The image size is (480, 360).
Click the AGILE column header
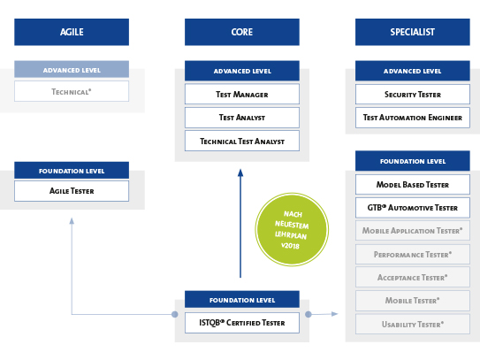click(72, 32)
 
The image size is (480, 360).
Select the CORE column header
click(241, 32)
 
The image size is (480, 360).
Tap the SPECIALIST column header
click(412, 32)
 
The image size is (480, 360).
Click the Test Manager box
click(241, 94)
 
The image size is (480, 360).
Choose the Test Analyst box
click(241, 117)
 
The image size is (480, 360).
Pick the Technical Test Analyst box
click(241, 141)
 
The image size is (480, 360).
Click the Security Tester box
click(412, 94)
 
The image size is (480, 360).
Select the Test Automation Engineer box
click(412, 117)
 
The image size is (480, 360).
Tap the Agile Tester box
click(72, 190)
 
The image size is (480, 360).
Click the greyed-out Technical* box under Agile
click(72, 91)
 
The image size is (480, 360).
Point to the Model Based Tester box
click(412, 185)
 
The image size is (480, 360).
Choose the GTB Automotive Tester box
click(412, 208)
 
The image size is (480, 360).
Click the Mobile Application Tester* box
click(412, 231)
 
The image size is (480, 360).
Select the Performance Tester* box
click(412, 254)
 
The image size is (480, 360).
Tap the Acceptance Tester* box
click(412, 277)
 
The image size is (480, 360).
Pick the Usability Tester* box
click(412, 324)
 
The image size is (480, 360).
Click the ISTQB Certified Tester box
click(241, 323)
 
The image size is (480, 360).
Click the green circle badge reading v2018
click(291, 230)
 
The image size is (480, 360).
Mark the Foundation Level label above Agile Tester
click(72, 170)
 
